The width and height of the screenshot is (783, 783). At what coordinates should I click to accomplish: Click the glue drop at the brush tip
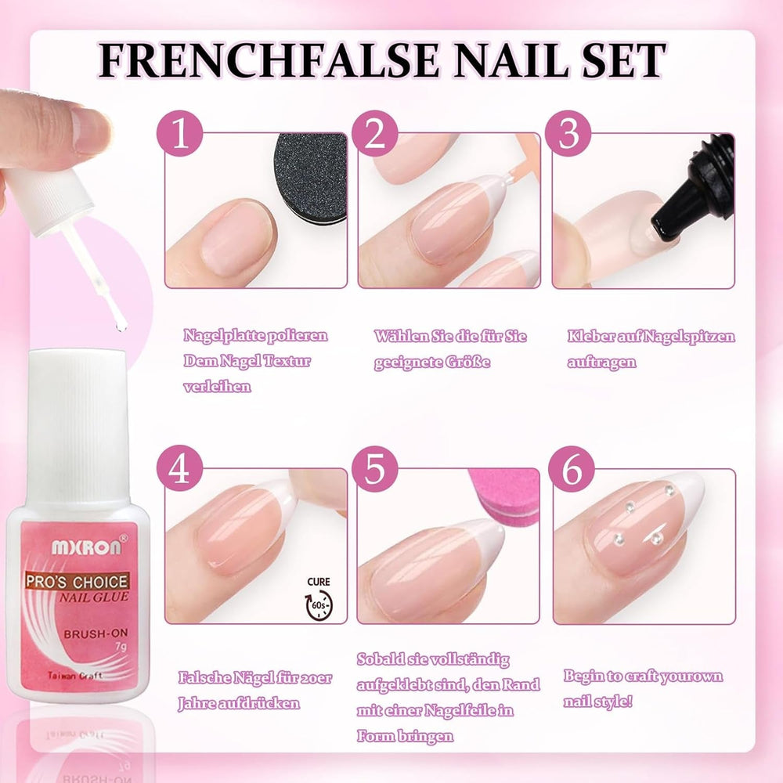pos(118,323)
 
